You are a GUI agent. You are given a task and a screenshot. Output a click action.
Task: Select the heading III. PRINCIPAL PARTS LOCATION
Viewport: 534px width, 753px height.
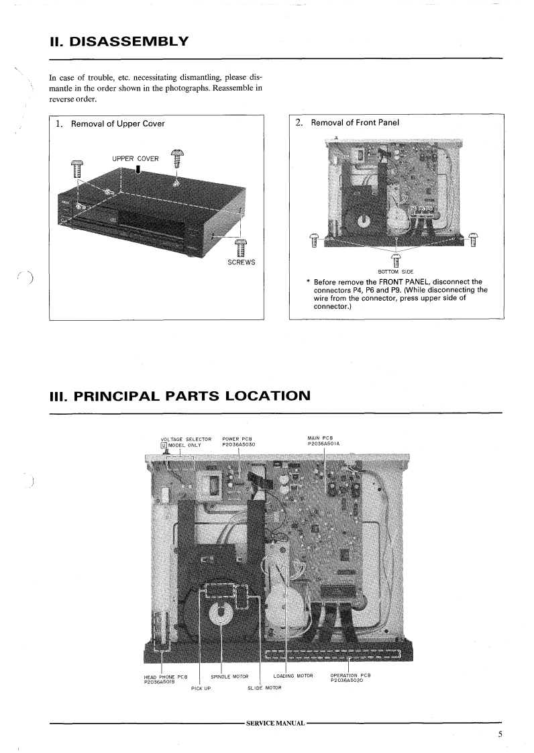180,395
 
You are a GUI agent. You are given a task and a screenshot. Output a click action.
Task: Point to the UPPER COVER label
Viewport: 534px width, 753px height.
135,158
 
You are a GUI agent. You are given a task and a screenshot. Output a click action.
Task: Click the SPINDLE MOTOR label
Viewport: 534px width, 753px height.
229,675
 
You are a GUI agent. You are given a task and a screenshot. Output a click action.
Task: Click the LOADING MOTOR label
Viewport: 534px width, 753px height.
293,675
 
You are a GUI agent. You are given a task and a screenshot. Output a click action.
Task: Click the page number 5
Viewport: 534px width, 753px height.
500,734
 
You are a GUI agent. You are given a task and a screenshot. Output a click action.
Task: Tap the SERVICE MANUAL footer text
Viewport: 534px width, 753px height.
276,722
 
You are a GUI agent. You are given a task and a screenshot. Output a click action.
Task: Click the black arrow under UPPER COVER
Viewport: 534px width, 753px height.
138,170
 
